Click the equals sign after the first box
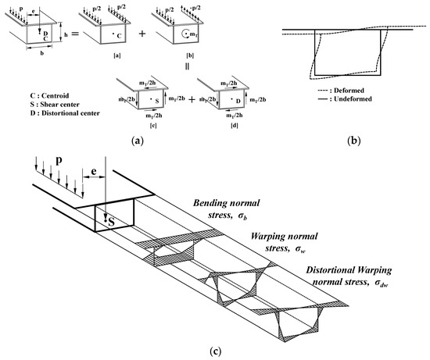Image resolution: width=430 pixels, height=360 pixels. pyautogui.click(x=72, y=37)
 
